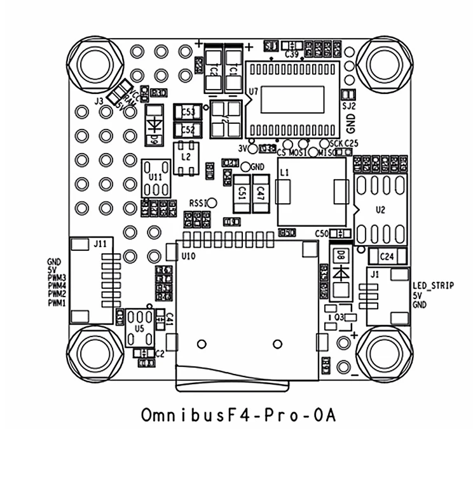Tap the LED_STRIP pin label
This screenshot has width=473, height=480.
click(433, 286)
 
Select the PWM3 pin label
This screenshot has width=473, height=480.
click(57, 278)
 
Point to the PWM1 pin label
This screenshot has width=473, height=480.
click(57, 303)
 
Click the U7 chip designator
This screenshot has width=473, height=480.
click(254, 91)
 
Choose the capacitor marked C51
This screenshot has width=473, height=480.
click(242, 193)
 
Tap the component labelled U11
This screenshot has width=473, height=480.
click(154, 175)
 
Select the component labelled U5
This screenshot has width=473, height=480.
click(139, 328)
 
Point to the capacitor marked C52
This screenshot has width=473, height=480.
click(188, 130)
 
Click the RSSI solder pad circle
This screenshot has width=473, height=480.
click(213, 203)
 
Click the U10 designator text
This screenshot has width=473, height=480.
click(188, 256)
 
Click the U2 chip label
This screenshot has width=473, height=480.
click(380, 209)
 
